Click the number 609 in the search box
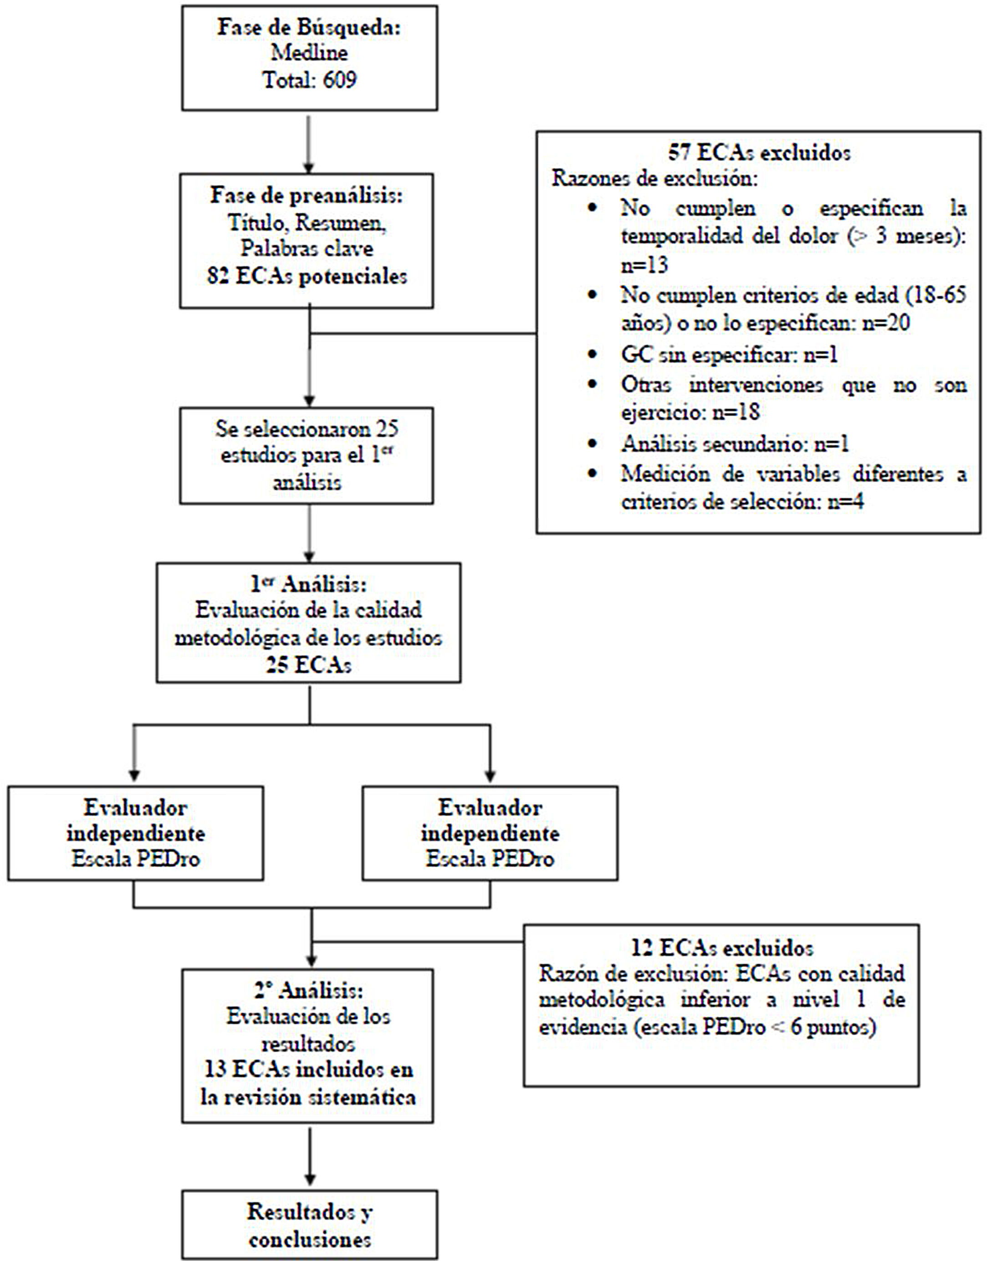[x=339, y=79]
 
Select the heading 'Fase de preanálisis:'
[x=306, y=196]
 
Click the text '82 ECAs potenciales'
[x=307, y=276]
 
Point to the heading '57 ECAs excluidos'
[x=759, y=153]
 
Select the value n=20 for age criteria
[x=885, y=323]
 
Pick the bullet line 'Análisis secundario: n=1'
[x=735, y=443]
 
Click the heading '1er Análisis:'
[x=308, y=585]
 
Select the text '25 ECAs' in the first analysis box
[x=308, y=665]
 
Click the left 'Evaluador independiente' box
[x=136, y=833]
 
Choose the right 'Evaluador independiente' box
[x=490, y=833]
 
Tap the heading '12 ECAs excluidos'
[x=722, y=948]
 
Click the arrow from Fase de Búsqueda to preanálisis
[x=309, y=144]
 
